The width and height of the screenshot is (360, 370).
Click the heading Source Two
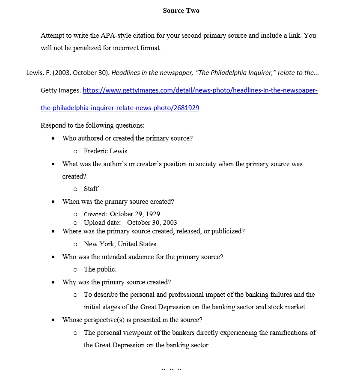pyautogui.click(x=181, y=11)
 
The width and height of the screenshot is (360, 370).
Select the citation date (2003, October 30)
pyautogui.click(x=81, y=73)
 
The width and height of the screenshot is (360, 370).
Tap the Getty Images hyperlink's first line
pyautogui.click(x=200, y=90)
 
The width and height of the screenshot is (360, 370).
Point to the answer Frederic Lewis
pyautogui.click(x=105, y=151)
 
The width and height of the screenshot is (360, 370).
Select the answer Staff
pyautogui.click(x=91, y=189)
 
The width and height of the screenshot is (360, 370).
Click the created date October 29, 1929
pyautogui.click(x=135, y=214)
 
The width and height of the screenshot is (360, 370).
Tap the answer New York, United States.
pyautogui.click(x=121, y=244)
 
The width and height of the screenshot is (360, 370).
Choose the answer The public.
pyautogui.click(x=100, y=269)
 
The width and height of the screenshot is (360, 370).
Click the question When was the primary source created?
pyautogui.click(x=118, y=202)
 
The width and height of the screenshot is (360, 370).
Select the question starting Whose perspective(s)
pyautogui.click(x=132, y=320)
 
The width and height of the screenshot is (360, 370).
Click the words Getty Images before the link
pyautogui.click(x=60, y=90)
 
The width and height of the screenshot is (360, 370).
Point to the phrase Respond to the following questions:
pyautogui.click(x=92, y=125)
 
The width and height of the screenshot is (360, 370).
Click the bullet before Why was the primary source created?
pyautogui.click(x=53, y=283)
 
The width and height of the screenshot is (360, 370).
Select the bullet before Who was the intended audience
pyautogui.click(x=53, y=257)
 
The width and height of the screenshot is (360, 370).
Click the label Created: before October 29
pyautogui.click(x=95, y=215)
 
